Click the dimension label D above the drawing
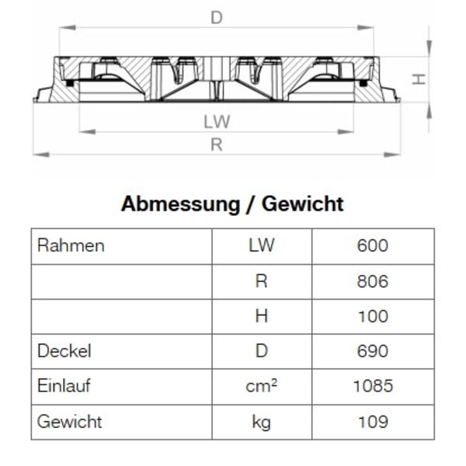point(217,18)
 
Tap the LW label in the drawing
point(217,123)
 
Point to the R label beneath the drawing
point(217,144)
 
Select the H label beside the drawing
point(418,78)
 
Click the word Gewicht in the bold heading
point(302,204)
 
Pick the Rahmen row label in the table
point(71,246)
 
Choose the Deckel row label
point(64,351)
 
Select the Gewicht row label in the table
point(69,422)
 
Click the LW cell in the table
point(262,246)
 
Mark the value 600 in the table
point(373,246)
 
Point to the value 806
point(373,281)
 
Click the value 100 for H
point(373,316)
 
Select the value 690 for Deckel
point(373,351)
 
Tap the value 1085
point(373,386)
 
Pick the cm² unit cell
point(262,386)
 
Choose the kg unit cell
point(262,422)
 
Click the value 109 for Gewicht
point(373,422)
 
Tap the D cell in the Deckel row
point(262,351)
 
